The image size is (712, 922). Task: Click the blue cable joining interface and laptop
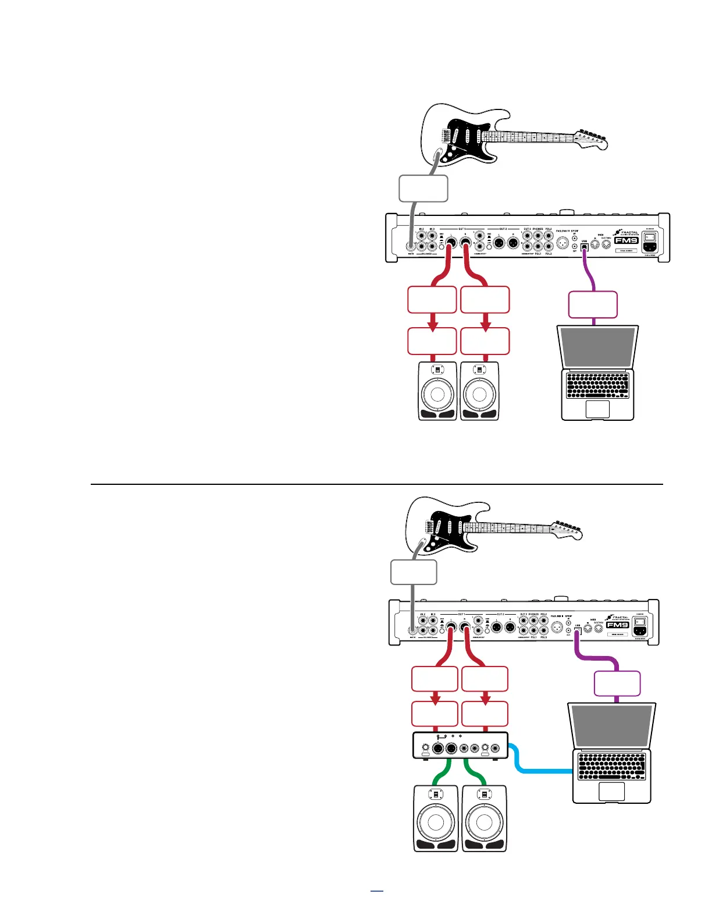tap(541, 771)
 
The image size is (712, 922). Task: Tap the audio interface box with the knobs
tap(460, 745)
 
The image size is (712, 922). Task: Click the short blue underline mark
tap(377, 891)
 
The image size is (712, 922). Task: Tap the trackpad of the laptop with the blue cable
tap(611, 791)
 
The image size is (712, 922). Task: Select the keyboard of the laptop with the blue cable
tap(612, 767)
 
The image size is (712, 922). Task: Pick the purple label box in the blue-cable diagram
tap(617, 683)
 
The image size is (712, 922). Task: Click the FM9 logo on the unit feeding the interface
tap(618, 625)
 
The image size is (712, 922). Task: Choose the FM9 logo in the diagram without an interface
tap(626, 240)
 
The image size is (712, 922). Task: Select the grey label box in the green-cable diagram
tap(413, 572)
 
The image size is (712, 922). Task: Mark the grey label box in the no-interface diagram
tap(423, 189)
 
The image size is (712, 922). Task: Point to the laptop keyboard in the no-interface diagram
tap(597, 385)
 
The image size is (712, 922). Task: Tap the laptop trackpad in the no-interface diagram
tap(597, 409)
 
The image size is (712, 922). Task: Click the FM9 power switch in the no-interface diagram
tap(649, 236)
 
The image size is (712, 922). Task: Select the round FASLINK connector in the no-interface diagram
tap(562, 243)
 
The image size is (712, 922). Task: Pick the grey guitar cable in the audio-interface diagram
tap(413, 605)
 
